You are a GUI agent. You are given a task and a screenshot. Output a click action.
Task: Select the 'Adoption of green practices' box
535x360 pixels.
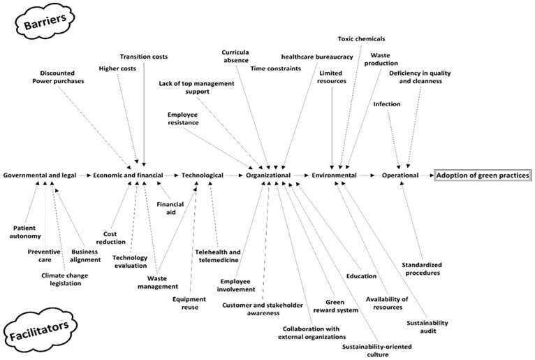tap(483, 175)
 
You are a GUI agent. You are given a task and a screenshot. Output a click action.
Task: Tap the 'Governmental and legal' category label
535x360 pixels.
tap(39, 175)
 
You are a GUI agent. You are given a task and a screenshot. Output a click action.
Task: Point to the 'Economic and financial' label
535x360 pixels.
tap(128, 175)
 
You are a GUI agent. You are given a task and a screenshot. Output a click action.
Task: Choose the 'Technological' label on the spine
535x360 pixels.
tap(202, 175)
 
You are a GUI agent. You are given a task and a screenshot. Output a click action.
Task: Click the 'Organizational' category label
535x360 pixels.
tap(267, 175)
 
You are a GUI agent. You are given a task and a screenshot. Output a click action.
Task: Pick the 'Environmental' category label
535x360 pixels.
tap(334, 175)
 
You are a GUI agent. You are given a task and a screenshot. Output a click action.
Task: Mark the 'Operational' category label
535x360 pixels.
tap(400, 175)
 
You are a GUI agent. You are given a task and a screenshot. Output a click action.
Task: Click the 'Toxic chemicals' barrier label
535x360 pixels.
tap(361, 38)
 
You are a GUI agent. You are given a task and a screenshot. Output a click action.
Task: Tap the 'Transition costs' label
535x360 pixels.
tap(144, 57)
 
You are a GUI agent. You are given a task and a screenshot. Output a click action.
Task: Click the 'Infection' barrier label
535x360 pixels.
tap(386, 104)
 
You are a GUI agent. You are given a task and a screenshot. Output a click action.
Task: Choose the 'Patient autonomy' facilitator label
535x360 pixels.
tap(27, 231)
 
